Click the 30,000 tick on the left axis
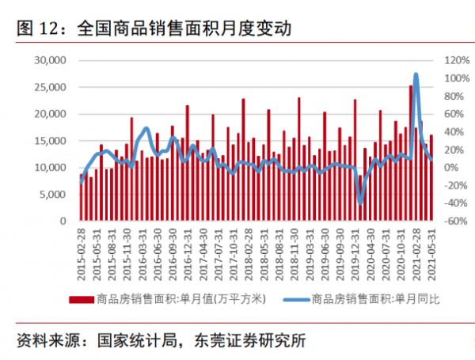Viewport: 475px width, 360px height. (48, 60)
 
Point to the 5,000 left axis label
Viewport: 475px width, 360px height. (51, 195)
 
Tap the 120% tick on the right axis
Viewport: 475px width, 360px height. (458, 60)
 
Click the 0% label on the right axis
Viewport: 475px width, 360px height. (451, 168)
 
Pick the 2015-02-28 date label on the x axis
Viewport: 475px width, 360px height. (82, 252)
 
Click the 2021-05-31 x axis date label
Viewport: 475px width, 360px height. (431, 252)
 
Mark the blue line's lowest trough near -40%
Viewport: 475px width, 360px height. (360, 203)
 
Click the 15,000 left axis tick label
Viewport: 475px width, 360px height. (48, 141)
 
